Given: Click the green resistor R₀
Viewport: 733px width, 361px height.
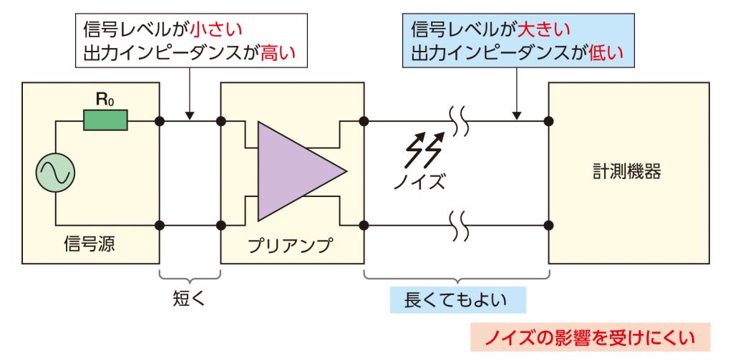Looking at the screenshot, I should (105, 120).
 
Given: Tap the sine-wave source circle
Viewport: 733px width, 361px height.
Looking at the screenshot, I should (56, 173).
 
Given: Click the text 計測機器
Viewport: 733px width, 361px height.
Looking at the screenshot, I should (626, 172).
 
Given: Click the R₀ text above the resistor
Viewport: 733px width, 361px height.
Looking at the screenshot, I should (105, 100).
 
